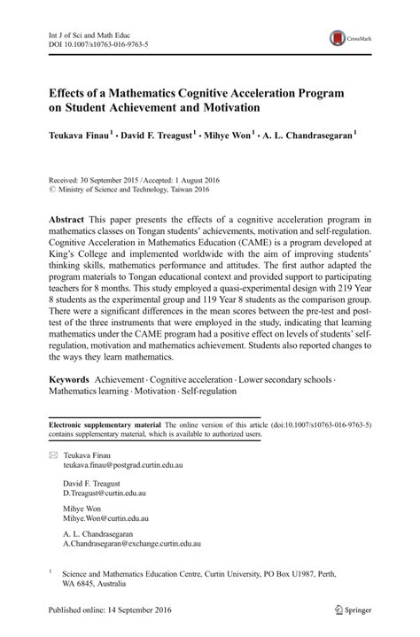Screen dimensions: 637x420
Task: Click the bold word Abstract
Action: point(67,221)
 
